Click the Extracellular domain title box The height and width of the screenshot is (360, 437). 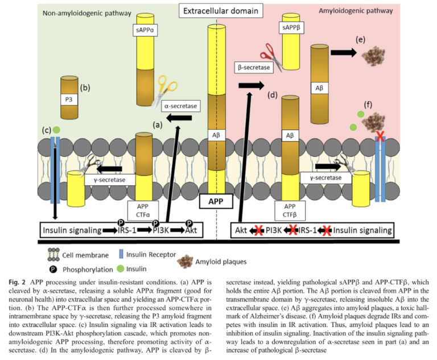[219, 10]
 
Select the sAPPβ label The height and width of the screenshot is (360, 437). [292, 27]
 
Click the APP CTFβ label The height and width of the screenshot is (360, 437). [290, 210]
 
